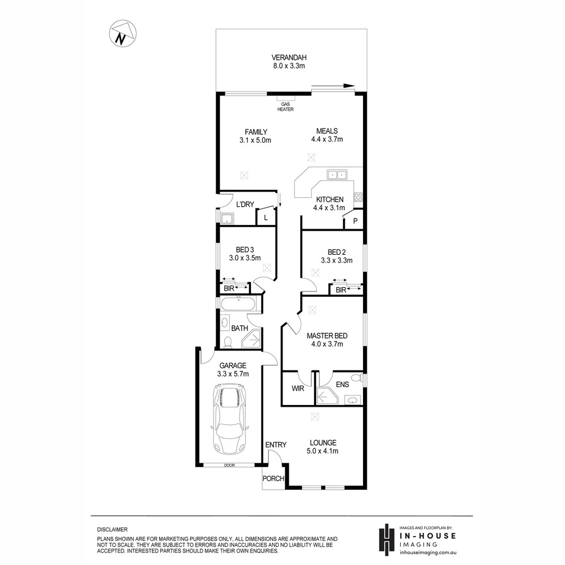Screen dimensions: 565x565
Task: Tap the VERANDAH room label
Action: pyautogui.click(x=288, y=58)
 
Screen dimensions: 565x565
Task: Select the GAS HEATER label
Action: pyautogui.click(x=286, y=107)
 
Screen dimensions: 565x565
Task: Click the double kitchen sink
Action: pyautogui.click(x=336, y=175)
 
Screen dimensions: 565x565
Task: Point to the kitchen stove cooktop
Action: pyautogui.click(x=358, y=197)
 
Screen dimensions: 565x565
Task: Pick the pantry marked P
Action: pyautogui.click(x=355, y=221)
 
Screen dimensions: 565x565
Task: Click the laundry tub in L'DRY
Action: pyautogui.click(x=227, y=218)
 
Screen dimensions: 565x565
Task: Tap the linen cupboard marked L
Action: pyautogui.click(x=266, y=217)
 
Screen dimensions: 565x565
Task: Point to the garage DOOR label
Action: pyautogui.click(x=229, y=465)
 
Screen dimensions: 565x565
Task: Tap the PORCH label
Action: pyautogui.click(x=273, y=479)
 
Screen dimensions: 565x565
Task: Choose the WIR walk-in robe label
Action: pyautogui.click(x=297, y=388)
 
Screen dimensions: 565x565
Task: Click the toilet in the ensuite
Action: pyautogui.click(x=356, y=378)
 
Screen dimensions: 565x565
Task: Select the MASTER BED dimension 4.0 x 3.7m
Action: pyautogui.click(x=327, y=344)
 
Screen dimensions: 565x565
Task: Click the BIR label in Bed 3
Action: pyautogui.click(x=229, y=288)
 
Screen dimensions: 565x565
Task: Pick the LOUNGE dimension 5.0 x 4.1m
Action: pyautogui.click(x=322, y=451)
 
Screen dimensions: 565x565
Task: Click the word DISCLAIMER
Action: pyautogui.click(x=112, y=530)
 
